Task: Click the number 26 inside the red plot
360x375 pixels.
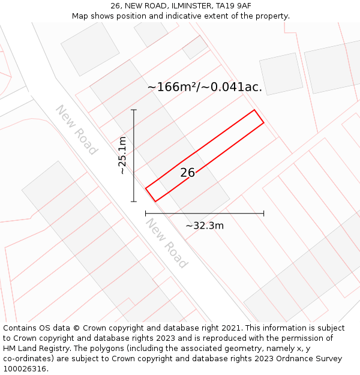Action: pos(187,173)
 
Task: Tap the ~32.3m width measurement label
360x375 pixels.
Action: pos(204,226)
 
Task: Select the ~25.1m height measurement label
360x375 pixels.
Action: pos(122,155)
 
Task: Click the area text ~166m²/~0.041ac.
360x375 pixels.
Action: pos(205,87)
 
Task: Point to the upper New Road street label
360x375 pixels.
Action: pos(76,130)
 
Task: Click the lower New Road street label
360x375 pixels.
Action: pos(167,243)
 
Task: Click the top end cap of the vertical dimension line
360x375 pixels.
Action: pos(134,110)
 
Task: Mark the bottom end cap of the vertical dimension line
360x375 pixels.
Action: pos(134,202)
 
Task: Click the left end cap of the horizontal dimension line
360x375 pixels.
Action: pos(146,213)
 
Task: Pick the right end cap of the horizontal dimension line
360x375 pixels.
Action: pos(263,213)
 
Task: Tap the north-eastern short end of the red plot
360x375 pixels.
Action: pos(259,117)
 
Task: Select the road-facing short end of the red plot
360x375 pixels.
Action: pos(151,194)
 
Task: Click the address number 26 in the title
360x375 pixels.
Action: pos(116,6)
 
